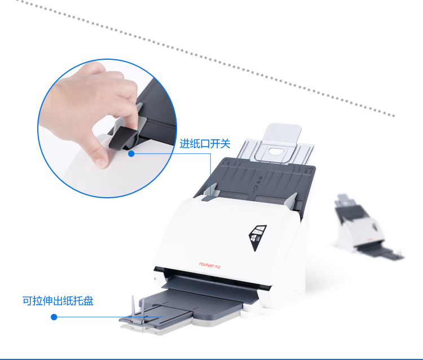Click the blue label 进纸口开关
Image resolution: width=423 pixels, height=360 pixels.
pyautogui.click(x=205, y=143)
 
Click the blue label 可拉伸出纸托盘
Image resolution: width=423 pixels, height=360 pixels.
pyautogui.click(x=58, y=301)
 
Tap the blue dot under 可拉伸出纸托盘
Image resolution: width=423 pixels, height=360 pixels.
pyautogui.click(x=54, y=317)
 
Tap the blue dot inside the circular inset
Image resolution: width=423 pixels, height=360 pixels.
pyautogui.click(x=131, y=154)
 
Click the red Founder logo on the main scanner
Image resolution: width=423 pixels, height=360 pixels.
pyautogui.click(x=210, y=265)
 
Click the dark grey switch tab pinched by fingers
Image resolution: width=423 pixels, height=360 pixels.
pyautogui.click(x=121, y=138)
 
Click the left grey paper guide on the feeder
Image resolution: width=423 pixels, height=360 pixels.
pyautogui.click(x=210, y=192)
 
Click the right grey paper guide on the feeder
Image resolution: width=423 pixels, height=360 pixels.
pyautogui.click(x=292, y=201)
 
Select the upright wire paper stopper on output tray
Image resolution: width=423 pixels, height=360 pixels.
pyautogui.click(x=138, y=310)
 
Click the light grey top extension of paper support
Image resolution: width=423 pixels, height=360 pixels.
pyautogui.click(x=282, y=134)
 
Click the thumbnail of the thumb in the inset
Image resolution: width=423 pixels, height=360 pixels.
pyautogui.click(x=101, y=162)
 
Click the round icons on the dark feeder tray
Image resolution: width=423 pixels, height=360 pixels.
pyautogui.click(x=259, y=180)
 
